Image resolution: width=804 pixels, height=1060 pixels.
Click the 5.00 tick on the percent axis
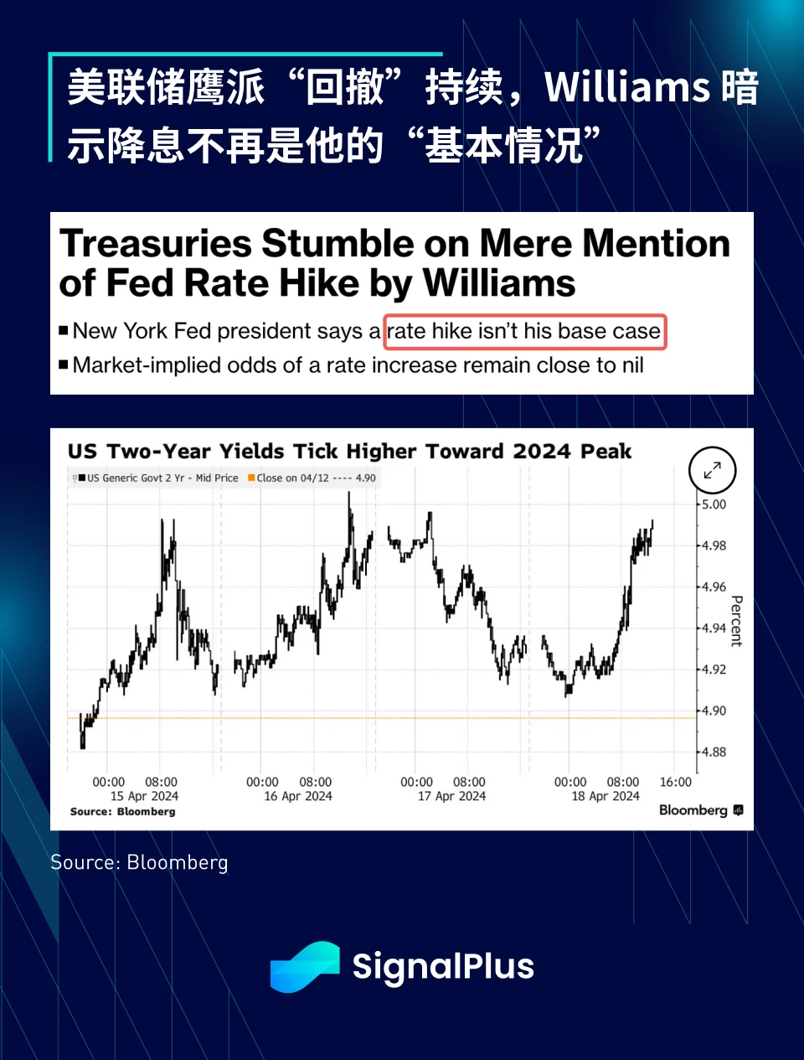coord(714,504)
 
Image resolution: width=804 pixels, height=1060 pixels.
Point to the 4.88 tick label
coord(714,752)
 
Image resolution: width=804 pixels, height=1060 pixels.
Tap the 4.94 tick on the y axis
coord(714,628)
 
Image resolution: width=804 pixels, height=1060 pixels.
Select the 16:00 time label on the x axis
coord(676,782)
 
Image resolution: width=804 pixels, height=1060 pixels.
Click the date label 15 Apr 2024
coord(144,796)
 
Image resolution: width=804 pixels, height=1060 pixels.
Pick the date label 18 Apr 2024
coord(605,796)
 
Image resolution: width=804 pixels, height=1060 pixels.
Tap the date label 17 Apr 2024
coord(451,796)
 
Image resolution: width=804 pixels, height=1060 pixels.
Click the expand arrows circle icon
coord(712,470)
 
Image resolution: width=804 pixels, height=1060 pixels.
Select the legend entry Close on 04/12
coord(312,478)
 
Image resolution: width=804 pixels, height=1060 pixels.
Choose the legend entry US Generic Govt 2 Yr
coord(159,478)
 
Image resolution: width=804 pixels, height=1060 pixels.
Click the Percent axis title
coord(736,621)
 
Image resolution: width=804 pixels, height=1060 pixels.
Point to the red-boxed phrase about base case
coord(525,331)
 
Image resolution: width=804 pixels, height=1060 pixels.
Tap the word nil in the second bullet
coord(632,365)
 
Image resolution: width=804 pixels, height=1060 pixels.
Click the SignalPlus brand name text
coord(443,966)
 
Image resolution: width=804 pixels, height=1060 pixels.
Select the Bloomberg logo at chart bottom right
coord(700,810)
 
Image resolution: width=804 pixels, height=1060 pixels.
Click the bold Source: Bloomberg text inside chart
coord(123,811)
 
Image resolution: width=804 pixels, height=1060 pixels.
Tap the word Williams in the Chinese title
coord(627,87)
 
